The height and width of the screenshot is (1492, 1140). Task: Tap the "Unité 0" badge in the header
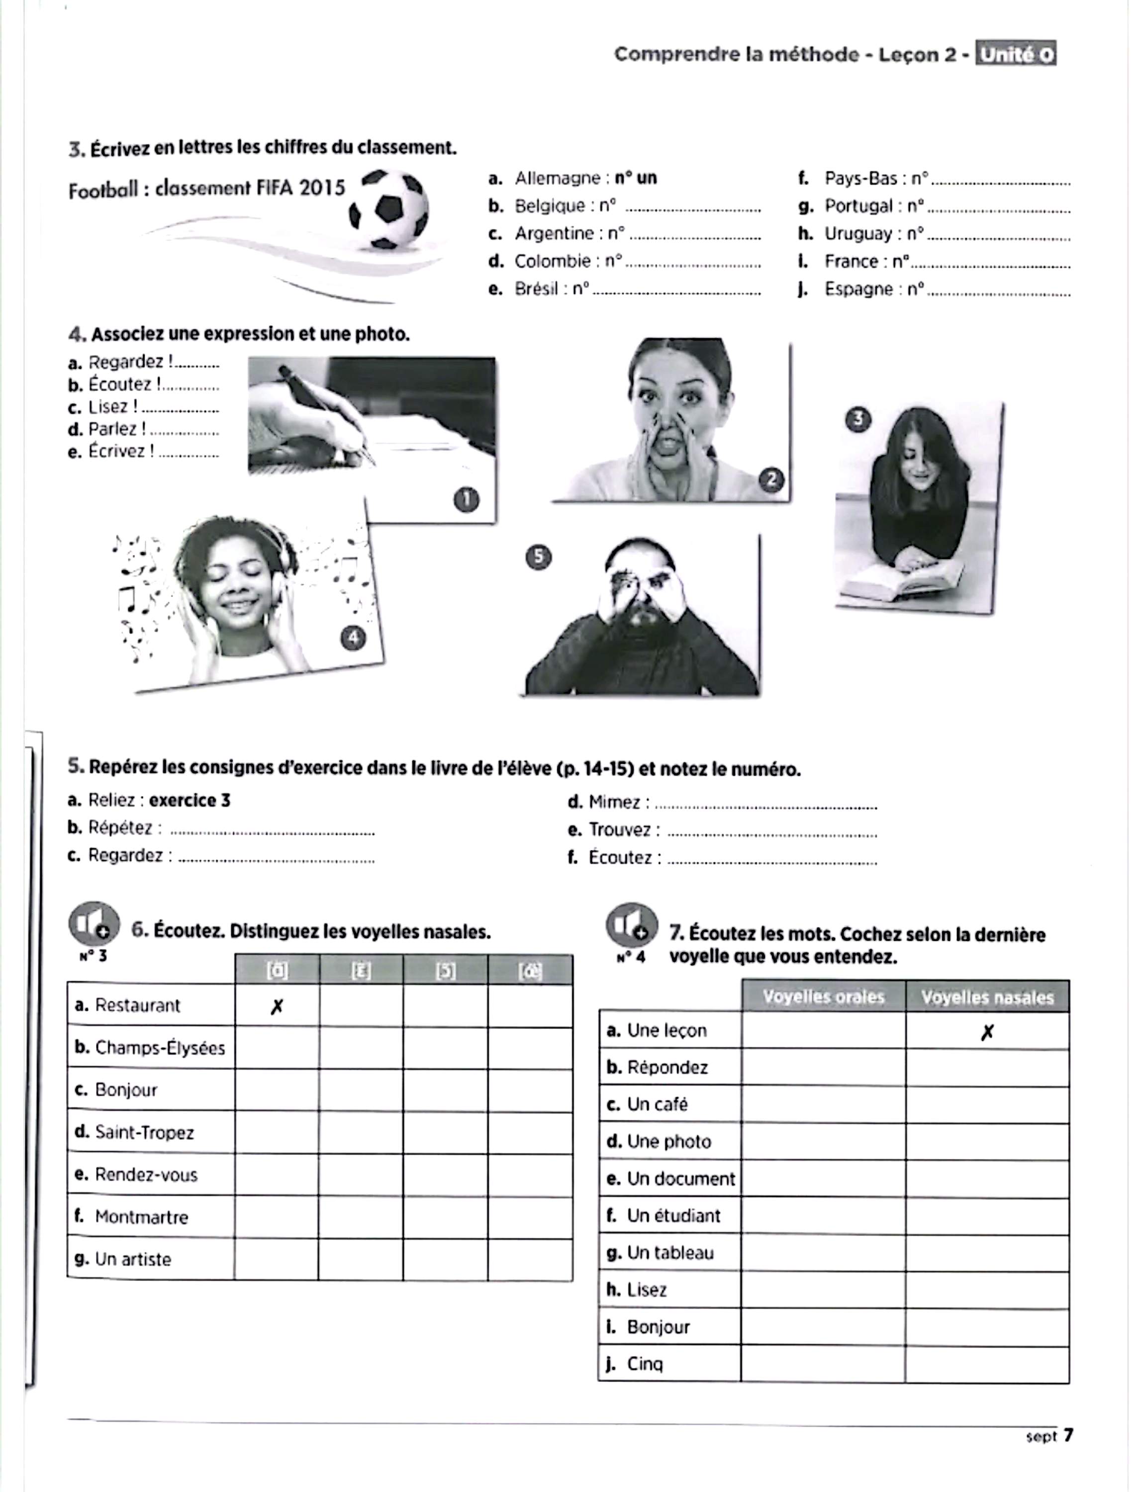[1015, 54]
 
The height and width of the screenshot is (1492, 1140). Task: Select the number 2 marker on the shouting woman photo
[771, 480]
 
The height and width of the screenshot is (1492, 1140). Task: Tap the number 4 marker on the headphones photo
[353, 637]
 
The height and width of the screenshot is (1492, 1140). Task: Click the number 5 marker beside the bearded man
[539, 557]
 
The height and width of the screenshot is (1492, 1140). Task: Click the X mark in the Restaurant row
[276, 1007]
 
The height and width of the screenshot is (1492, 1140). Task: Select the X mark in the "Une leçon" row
[987, 1032]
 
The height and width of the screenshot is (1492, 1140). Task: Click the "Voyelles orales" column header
[823, 997]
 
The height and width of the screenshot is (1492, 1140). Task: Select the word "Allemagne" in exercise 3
[557, 179]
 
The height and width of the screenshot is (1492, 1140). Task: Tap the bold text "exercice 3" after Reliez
[190, 801]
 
